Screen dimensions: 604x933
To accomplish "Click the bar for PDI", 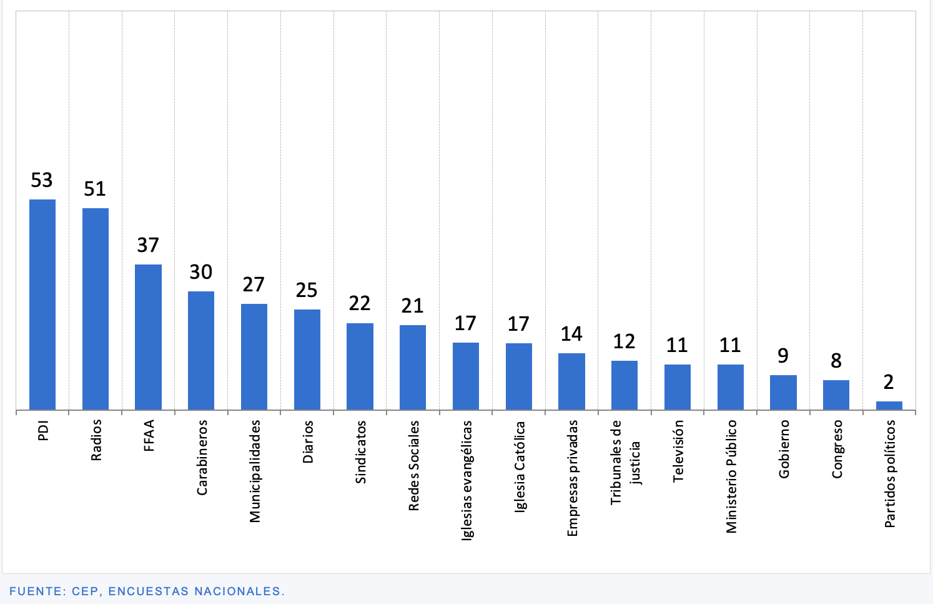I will tap(42, 305).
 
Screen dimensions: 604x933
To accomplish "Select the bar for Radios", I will tap(96, 309).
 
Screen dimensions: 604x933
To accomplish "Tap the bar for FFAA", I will tap(148, 337).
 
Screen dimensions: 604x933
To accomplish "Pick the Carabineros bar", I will tap(201, 350).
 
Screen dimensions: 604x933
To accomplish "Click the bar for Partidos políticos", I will tap(889, 406).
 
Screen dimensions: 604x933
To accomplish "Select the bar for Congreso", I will tap(836, 395).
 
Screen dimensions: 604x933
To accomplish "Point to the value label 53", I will tap(42, 180).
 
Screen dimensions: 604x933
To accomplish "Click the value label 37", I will tap(148, 245).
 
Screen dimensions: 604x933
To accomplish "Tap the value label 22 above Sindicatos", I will tap(360, 303).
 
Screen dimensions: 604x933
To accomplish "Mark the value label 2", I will tap(889, 381).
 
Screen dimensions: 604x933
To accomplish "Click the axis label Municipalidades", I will tap(255, 471).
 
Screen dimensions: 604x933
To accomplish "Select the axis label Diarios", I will tap(308, 441).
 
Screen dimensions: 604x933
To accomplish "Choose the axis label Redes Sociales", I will tap(413, 465).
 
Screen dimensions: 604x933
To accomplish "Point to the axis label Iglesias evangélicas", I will tap(466, 480).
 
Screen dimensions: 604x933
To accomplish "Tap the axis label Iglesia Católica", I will tap(520, 466).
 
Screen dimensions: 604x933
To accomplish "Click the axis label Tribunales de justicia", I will tap(625, 463).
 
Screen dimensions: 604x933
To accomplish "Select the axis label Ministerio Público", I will tap(731, 476).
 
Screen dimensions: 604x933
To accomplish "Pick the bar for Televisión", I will tap(678, 387).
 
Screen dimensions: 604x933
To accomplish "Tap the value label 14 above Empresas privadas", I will tap(571, 334).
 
